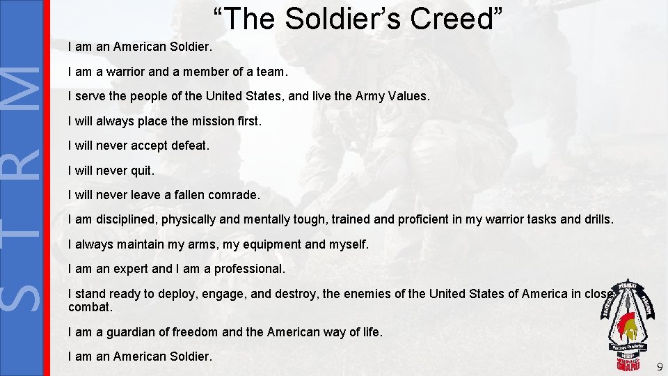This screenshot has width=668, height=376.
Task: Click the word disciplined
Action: coord(125,220)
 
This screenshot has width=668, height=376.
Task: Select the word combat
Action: coord(90,307)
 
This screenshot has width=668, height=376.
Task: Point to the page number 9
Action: coord(659,366)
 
